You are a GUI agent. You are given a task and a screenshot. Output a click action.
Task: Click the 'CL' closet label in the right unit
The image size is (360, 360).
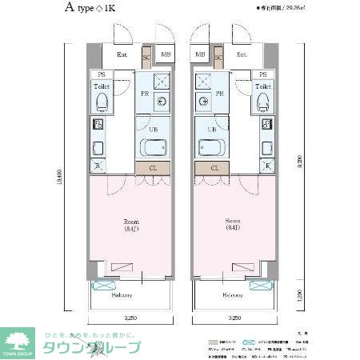pos(214,168)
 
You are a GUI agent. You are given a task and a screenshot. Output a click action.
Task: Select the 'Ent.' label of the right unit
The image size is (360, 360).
pos(242,55)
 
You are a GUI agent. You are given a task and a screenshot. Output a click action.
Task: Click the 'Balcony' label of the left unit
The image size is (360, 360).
pos(122,295)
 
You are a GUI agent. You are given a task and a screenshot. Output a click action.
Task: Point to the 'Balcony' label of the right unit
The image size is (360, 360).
pos(233,295)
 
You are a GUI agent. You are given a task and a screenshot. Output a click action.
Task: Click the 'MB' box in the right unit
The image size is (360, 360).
pos(199,55)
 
